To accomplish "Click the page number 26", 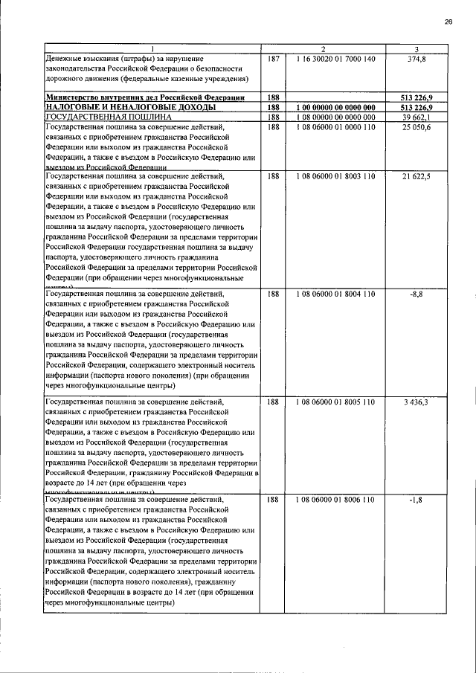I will click(x=448, y=22).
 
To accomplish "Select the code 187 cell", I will click(x=273, y=59).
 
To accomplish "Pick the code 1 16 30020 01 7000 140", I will click(x=333, y=59).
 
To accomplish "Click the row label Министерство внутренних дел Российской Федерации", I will click(x=144, y=97).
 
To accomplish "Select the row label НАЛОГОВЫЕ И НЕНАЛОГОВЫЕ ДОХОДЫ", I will click(x=130, y=107).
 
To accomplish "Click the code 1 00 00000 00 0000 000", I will click(x=333, y=107).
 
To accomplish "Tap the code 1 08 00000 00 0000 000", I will click(x=333, y=117).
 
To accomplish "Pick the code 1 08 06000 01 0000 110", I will click(x=333, y=127).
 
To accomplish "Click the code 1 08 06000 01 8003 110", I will click(x=333, y=176).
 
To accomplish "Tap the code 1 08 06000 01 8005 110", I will click(x=333, y=402).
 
